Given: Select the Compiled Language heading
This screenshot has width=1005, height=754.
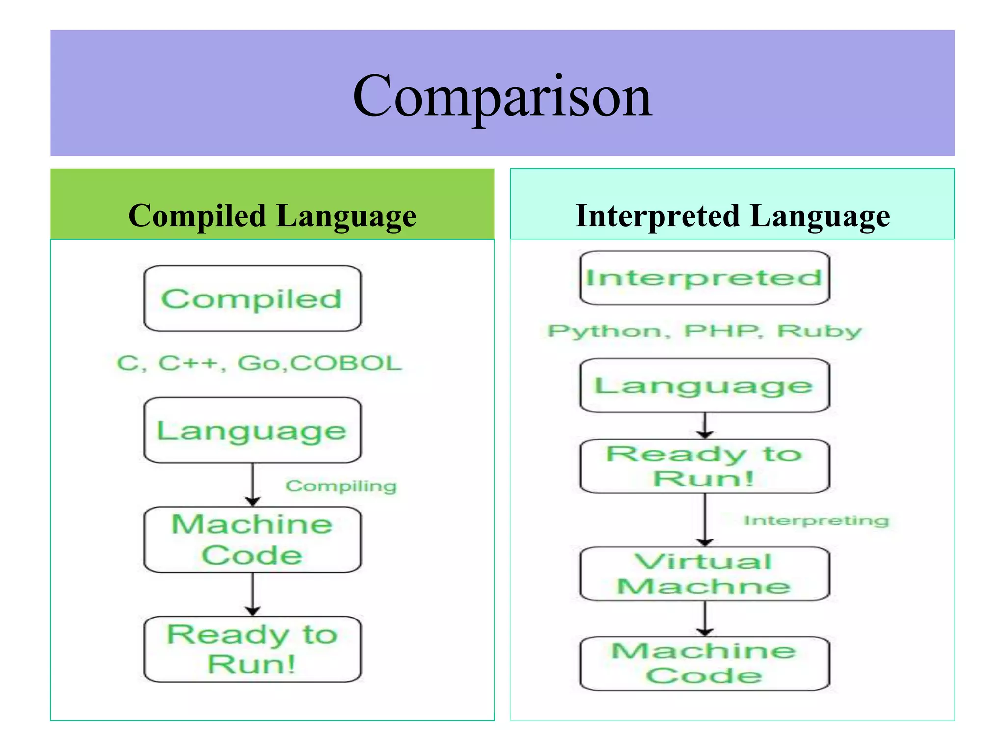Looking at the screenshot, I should coord(272,216).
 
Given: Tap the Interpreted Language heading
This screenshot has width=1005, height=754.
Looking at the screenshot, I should coord(732,216).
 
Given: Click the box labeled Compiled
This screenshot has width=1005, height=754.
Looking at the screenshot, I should coord(252,298).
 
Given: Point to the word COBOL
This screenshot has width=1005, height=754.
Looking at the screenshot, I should coord(346,363).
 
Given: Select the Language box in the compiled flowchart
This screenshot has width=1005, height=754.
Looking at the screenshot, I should coord(252,430).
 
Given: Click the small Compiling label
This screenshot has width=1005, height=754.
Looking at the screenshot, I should coord(341,486).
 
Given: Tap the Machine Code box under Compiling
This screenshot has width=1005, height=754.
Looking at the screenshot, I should coord(252,539).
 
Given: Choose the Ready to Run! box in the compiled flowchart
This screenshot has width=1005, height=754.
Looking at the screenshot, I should coord(252,649).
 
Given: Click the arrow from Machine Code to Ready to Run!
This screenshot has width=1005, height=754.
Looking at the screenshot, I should coord(253,594).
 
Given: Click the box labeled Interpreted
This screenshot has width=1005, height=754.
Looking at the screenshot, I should coord(704,278).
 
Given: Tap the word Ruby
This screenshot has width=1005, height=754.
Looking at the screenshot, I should coord(819,331).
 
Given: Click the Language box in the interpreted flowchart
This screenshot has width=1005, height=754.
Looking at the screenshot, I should coord(704,385).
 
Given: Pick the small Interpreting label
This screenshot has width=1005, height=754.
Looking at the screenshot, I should coord(816,520).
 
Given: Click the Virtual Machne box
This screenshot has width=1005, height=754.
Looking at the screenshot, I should coord(704,573).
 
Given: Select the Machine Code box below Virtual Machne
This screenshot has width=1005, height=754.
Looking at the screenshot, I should coord(704,663).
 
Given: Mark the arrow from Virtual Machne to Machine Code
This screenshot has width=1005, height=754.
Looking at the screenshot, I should coord(705,619).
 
